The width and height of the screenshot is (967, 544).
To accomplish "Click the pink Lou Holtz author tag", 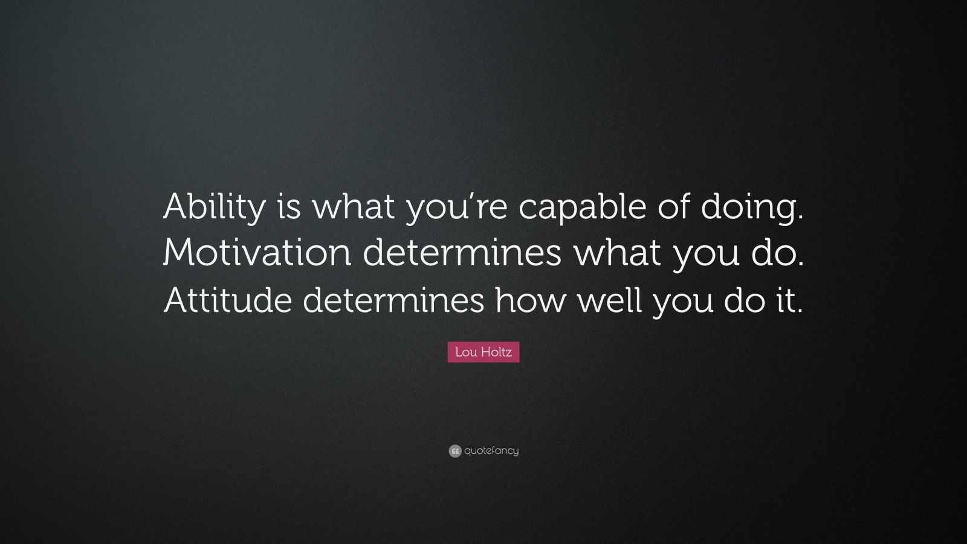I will (x=483, y=352).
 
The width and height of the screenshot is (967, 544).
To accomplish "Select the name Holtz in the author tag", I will (x=497, y=352).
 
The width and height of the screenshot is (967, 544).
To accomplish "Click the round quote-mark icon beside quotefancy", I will (x=455, y=451).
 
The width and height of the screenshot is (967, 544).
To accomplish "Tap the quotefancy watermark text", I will (x=491, y=451).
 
